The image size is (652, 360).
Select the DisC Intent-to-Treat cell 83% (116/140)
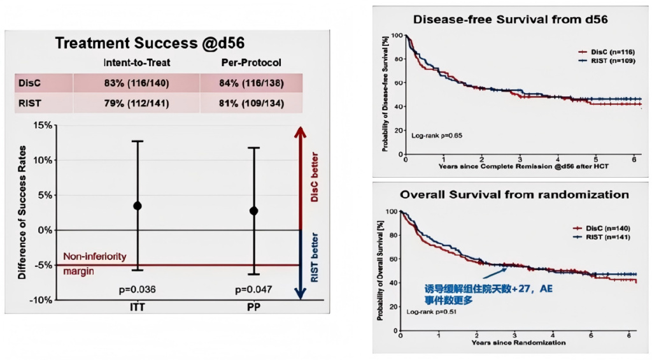pyautogui.click(x=136, y=83)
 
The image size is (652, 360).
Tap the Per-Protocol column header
pyautogui.click(x=250, y=64)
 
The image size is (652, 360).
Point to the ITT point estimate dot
pyautogui.click(x=138, y=206)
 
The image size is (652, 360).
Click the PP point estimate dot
pyautogui.click(x=254, y=210)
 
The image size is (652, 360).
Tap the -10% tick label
pyautogui.click(x=41, y=299)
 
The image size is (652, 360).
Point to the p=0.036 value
pyautogui.click(x=138, y=290)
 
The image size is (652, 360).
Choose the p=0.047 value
pyautogui.click(x=253, y=290)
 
